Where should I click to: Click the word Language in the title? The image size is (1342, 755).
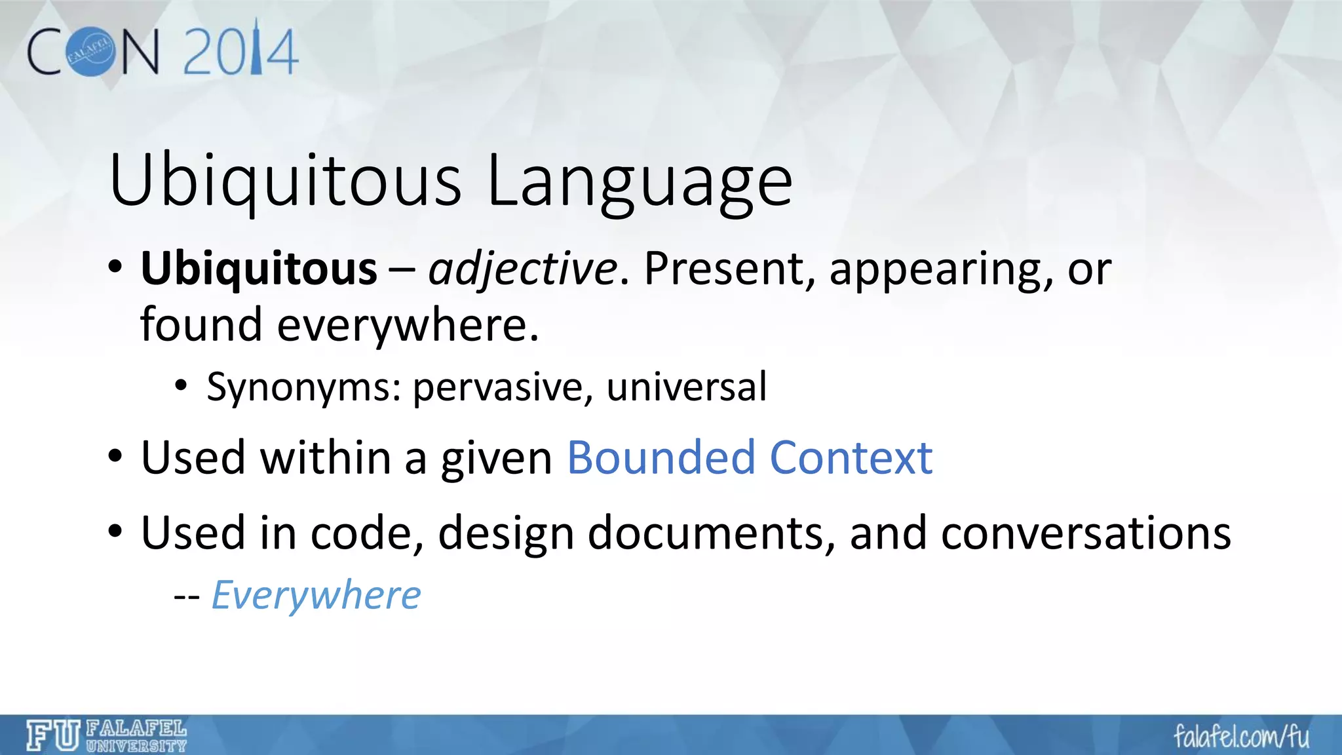tap(640, 182)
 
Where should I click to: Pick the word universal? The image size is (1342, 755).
tap(686, 387)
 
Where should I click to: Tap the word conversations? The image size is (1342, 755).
tap(1086, 532)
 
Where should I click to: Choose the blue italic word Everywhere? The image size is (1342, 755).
tap(316, 595)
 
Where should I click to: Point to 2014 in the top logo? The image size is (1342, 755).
tap(240, 50)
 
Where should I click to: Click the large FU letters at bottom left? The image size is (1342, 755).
tap(53, 735)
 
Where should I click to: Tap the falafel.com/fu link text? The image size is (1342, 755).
tap(1241, 737)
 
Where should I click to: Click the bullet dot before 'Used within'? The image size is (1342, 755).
tap(115, 457)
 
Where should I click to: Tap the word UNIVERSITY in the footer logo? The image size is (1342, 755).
tap(136, 746)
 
